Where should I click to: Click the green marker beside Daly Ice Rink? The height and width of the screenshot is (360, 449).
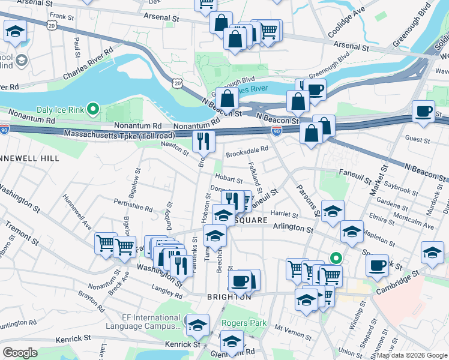(92, 109)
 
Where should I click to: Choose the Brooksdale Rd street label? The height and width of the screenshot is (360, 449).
(246, 154)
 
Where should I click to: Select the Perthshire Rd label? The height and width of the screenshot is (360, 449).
(133, 206)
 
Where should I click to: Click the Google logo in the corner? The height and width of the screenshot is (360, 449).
(20, 353)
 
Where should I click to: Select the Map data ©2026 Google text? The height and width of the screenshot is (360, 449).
(411, 356)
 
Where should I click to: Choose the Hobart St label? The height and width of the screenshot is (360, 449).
(229, 179)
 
